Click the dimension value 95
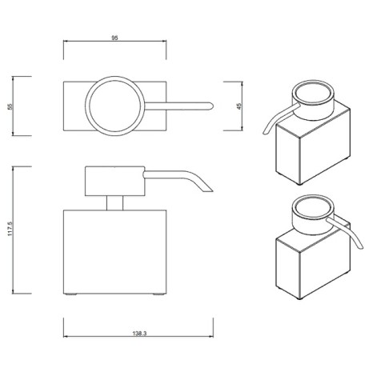click(x=114, y=38)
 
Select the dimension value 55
click(x=10, y=106)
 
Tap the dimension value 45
click(x=239, y=106)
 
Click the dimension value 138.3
click(x=139, y=334)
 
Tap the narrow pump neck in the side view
click(x=115, y=203)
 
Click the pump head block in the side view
click(x=115, y=182)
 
